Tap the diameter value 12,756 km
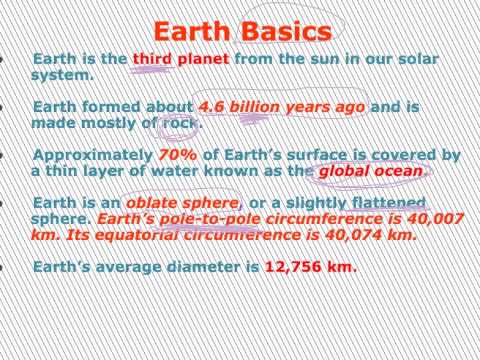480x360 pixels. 310,267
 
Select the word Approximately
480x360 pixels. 92,156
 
